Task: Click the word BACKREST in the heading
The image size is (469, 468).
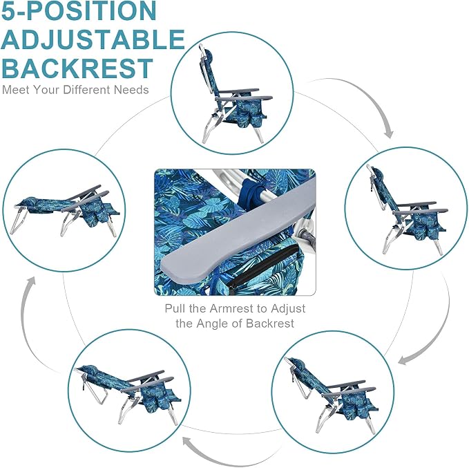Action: coord(77,68)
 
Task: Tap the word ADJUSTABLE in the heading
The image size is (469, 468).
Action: coord(93,39)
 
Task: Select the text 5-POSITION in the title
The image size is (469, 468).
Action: coord(79,11)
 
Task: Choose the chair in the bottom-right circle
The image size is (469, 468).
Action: coord(332,395)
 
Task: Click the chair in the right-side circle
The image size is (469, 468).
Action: coord(407,209)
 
